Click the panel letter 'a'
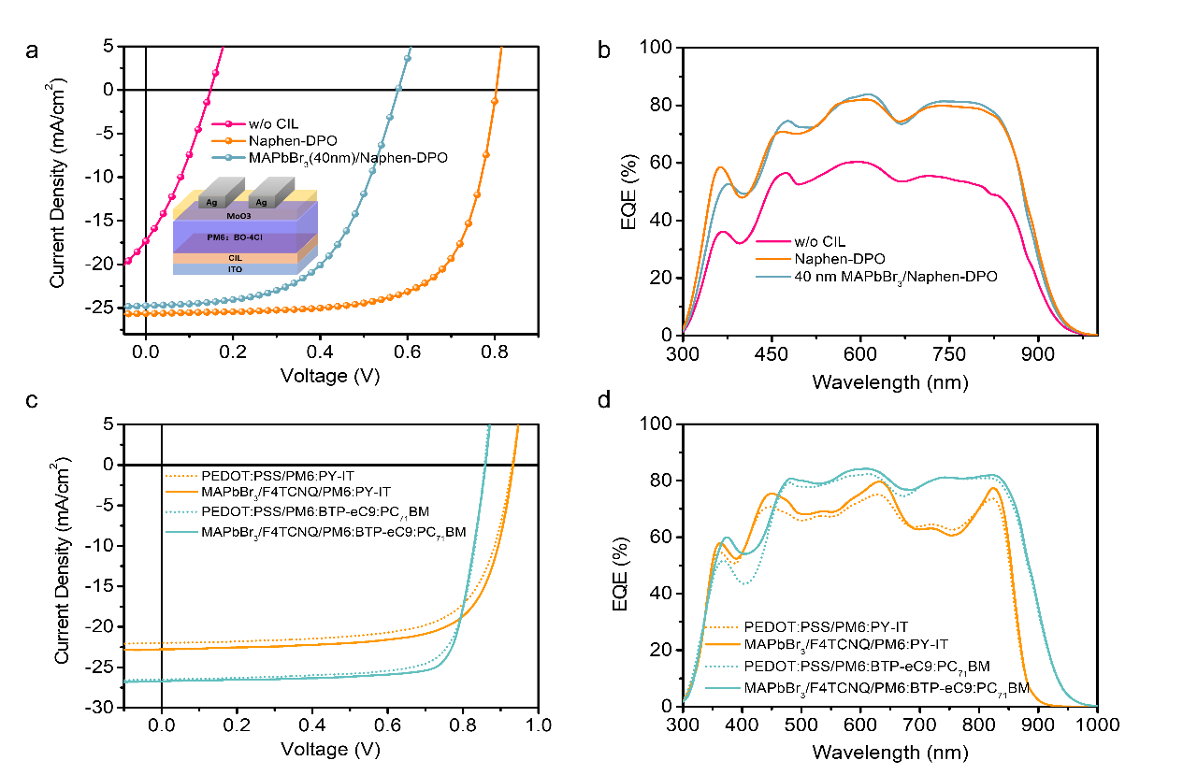[x=32, y=51]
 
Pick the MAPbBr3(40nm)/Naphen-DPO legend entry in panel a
[x=347, y=158]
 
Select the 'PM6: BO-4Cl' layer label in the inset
[x=234, y=238]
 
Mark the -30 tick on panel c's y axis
[x=103, y=708]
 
